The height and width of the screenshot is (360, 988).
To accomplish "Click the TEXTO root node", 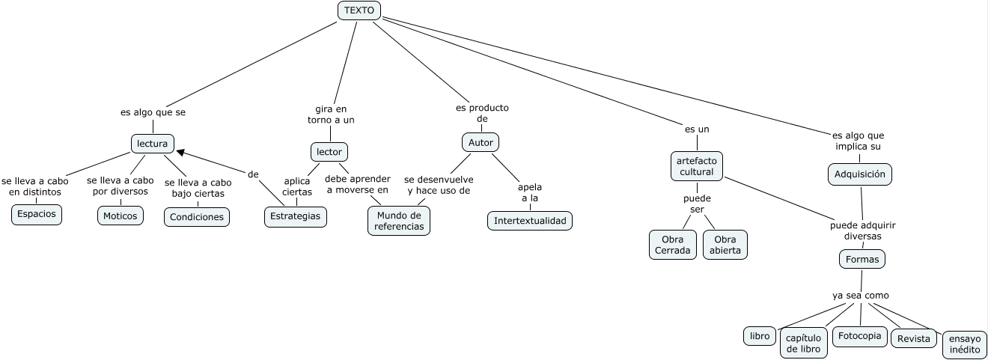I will (x=359, y=10).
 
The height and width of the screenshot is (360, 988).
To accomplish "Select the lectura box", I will (x=153, y=143).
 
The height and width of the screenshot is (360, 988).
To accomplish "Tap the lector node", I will (x=329, y=152).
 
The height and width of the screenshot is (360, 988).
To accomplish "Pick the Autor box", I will (x=480, y=142).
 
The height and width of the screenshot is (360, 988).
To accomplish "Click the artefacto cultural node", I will (x=696, y=166).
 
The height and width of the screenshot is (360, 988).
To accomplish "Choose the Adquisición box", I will (x=860, y=174).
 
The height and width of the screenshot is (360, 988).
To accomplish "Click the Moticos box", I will (x=120, y=216).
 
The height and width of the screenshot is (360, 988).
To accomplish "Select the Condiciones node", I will (x=197, y=217).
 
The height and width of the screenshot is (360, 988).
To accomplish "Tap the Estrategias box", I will (x=296, y=216).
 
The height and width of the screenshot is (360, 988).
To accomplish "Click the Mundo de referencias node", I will (x=399, y=221).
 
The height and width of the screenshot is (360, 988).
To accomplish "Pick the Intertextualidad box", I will (x=530, y=221).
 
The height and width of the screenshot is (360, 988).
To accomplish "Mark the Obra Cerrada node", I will (x=672, y=245).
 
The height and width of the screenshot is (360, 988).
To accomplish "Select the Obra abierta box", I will (x=725, y=245).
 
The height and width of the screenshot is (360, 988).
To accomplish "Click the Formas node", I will (x=862, y=259).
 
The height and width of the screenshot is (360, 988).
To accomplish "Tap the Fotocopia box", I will (x=859, y=336).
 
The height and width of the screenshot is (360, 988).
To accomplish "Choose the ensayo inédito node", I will (x=965, y=344).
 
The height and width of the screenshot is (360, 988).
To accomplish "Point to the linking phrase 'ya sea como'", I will (x=860, y=296).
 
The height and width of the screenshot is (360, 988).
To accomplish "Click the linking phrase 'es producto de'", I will (x=482, y=113).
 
